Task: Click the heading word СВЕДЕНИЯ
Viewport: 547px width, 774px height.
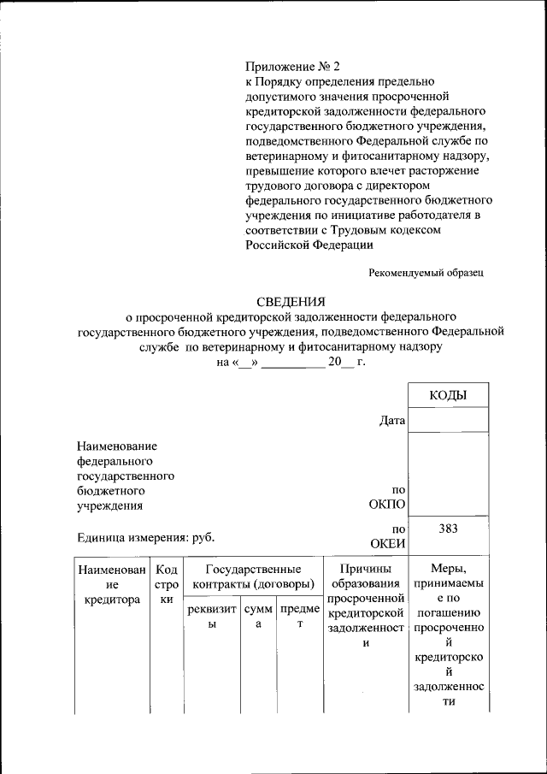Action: click(291, 300)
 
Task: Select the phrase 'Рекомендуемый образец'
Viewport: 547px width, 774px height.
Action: click(426, 273)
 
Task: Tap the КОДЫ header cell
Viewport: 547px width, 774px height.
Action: click(448, 395)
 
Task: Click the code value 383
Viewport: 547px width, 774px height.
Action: click(448, 529)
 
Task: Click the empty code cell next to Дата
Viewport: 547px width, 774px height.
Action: click(448, 420)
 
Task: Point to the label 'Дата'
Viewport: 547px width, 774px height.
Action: click(391, 420)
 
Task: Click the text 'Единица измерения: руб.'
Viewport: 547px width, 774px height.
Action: click(145, 537)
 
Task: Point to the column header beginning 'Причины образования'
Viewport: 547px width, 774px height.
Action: click(365, 607)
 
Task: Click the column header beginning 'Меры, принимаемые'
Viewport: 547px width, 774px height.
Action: click(448, 635)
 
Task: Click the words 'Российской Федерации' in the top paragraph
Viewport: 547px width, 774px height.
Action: click(309, 245)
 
